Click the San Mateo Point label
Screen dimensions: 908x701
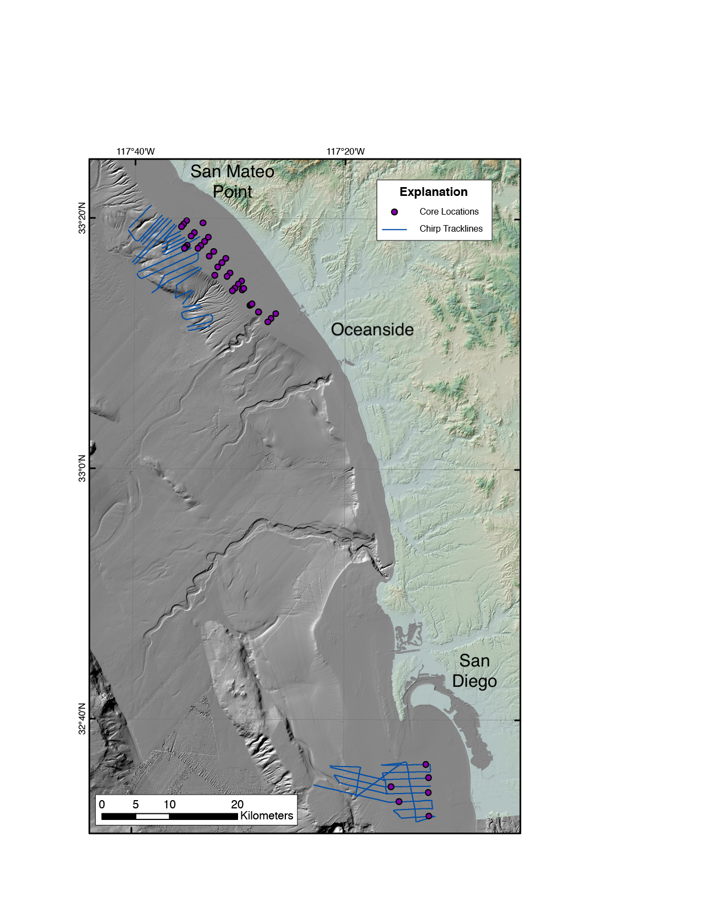point(232,182)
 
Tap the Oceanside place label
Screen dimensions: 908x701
point(372,330)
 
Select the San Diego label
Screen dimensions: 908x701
point(474,671)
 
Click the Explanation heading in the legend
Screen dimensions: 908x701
point(433,192)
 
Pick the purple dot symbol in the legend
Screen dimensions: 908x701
point(394,212)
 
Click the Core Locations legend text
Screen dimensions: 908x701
point(449,212)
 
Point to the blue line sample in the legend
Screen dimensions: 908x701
point(394,229)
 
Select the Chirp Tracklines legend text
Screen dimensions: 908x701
point(451,229)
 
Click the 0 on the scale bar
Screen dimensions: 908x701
point(102,805)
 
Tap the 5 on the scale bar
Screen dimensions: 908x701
point(136,805)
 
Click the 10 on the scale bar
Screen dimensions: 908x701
point(169,805)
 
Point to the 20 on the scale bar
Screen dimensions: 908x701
point(237,805)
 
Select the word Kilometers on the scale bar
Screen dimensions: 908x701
point(267,816)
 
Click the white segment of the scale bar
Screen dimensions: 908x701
point(152,817)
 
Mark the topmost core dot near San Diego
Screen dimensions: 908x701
point(426,764)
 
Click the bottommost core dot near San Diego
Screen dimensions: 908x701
point(429,816)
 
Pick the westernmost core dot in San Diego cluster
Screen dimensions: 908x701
point(391,787)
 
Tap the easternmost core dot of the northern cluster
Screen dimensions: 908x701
point(276,314)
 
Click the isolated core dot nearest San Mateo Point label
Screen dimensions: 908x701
point(203,223)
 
